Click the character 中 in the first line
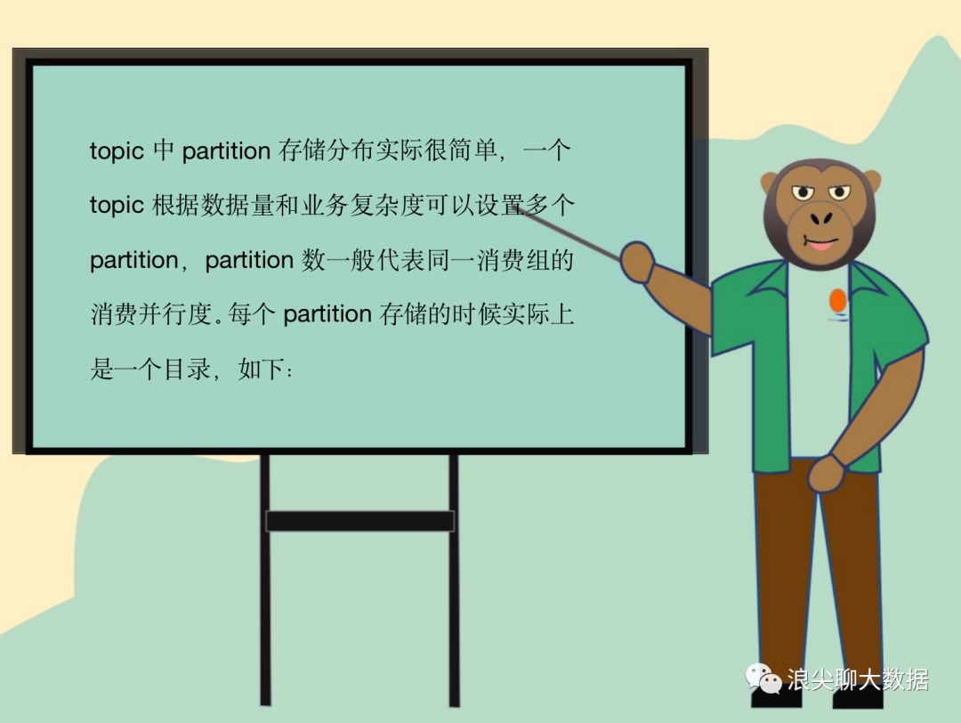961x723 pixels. tap(164, 150)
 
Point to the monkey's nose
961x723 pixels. tap(821, 217)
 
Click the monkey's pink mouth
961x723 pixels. tap(821, 245)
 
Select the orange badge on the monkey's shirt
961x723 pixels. tap(838, 300)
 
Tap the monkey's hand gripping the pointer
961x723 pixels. tap(637, 262)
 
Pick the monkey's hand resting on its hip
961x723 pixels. tap(826, 474)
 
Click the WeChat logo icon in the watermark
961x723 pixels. tap(763, 678)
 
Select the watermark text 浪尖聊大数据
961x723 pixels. tap(858, 679)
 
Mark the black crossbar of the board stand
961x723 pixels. tap(359, 521)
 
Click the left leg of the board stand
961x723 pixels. tap(265, 580)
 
